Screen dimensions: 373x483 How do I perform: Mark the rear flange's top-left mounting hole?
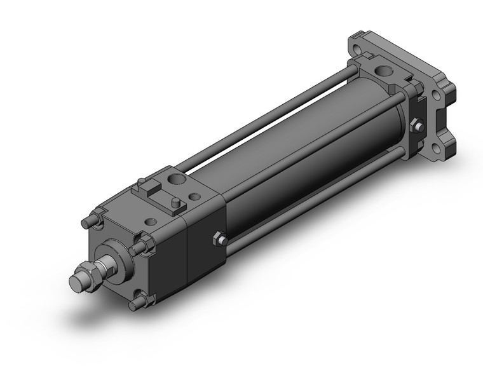tap(360, 46)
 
